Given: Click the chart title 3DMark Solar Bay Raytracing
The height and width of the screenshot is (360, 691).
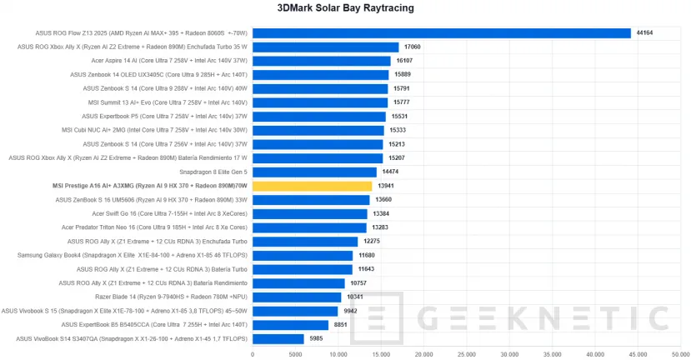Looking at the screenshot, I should coord(345,8).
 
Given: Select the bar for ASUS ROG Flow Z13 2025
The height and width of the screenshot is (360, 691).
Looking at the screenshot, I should coord(441,33).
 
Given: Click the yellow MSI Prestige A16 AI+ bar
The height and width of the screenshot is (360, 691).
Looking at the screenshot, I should coord(312,186).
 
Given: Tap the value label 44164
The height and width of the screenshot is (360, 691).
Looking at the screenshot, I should coord(643,33).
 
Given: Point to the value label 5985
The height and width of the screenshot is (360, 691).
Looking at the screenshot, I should coord(318,338).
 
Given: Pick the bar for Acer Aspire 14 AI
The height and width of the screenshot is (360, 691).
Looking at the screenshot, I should coord(321,61).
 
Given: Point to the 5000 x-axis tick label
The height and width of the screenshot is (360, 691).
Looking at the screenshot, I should coord(295,353).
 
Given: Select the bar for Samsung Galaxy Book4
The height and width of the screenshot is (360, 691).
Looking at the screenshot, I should coord(302,255).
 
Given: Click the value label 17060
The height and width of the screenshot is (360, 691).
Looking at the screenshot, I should coord(413,47).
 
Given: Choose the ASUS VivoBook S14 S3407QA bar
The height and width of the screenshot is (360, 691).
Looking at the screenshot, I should coord(278,338).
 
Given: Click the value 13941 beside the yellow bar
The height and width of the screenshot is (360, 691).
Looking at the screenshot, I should coord(386,186).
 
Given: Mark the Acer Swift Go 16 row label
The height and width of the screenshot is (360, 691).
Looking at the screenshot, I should coord(180,213).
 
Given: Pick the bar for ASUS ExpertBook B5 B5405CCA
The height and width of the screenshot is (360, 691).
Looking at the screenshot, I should coord(290,324).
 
